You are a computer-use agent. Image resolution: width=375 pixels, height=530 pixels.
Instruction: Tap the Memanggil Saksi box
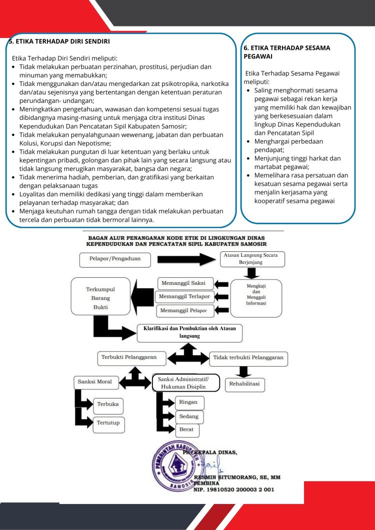[x=186, y=283]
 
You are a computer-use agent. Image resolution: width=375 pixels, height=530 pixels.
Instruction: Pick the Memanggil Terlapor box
[x=184, y=297]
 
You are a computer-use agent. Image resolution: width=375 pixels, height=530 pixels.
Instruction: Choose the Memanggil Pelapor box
[x=185, y=311]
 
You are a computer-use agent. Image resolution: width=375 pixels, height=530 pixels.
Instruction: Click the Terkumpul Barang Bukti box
[x=100, y=296]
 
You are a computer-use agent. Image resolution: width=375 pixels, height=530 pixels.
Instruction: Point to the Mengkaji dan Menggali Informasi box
[x=256, y=298]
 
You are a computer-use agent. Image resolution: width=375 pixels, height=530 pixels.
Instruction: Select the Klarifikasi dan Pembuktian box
[x=190, y=333]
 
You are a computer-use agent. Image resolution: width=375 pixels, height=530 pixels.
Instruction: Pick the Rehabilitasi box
[x=244, y=384]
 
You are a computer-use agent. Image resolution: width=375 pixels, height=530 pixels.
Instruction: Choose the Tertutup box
[x=108, y=424]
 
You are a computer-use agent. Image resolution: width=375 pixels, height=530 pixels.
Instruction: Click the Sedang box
[x=189, y=417]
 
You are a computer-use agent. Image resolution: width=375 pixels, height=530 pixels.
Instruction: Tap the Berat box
[x=187, y=430]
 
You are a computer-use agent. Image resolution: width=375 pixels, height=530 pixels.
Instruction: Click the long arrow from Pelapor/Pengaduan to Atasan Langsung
[x=187, y=259]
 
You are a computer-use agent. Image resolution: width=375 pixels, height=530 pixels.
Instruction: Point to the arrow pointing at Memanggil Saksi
[x=221, y=284]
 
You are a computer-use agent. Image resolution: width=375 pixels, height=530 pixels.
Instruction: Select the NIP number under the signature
[x=233, y=490]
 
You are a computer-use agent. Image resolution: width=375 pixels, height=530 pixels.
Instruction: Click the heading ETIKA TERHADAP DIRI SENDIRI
[x=58, y=41]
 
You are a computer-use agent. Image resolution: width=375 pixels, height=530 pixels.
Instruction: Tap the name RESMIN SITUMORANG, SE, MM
[x=237, y=477]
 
